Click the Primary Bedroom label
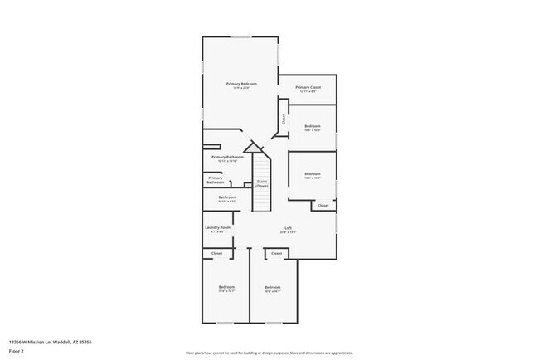pos(241,85)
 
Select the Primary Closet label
pos(308,88)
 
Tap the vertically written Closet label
pos(284,119)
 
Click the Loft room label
pos(288,229)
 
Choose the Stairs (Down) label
pos(262,183)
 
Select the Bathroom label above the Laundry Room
pos(227,198)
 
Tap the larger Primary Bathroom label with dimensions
pos(227,158)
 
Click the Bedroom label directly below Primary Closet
pos(312,127)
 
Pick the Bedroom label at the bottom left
pos(226,289)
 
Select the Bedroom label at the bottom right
pos(273,289)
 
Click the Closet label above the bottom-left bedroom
pos(216,253)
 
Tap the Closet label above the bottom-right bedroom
pos(276,253)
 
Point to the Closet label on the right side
pos(323,204)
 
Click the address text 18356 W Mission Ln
pos(50,341)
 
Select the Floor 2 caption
pos(17,351)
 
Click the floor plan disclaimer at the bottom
pos(269,353)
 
